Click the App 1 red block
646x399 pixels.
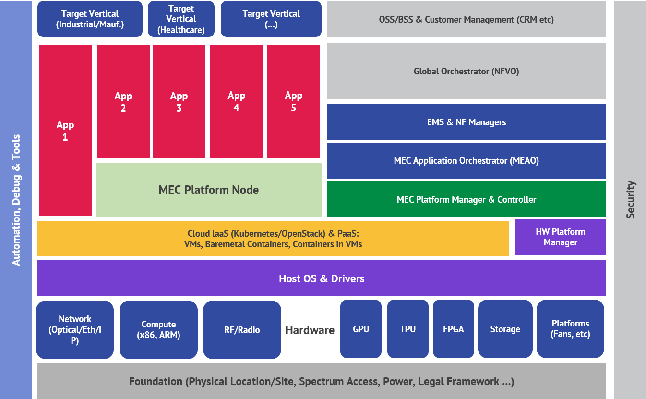[x=65, y=131]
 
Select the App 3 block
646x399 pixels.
[x=179, y=102]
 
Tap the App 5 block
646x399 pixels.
[x=293, y=102]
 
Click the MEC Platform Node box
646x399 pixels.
[x=208, y=190]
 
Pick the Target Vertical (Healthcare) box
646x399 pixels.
[x=181, y=19]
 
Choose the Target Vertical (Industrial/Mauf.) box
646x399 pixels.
[x=90, y=19]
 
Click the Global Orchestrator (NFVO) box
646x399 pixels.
[x=466, y=72]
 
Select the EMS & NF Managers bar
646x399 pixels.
[x=466, y=122]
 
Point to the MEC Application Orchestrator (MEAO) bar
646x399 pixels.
[x=466, y=161]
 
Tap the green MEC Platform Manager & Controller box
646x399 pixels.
[x=466, y=199]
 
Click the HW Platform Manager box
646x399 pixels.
[x=560, y=237]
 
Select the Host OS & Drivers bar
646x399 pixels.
[x=322, y=278]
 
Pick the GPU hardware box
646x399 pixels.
[x=361, y=329]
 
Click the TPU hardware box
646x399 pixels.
[x=407, y=329]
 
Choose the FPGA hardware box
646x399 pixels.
[x=453, y=329]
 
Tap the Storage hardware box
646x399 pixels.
[x=505, y=329]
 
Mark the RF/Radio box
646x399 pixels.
[x=242, y=330]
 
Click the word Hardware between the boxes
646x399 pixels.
[x=310, y=330]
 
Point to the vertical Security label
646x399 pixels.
[x=631, y=200]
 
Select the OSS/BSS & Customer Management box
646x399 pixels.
[x=466, y=20]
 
